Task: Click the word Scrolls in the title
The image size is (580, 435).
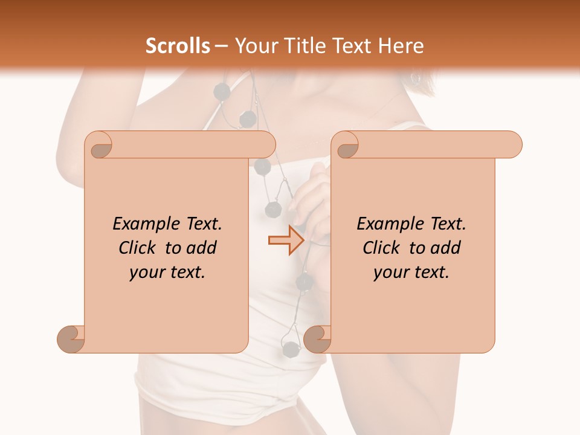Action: click(x=178, y=46)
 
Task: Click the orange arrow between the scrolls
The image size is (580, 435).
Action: click(x=286, y=240)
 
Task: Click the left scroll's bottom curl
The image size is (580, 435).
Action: click(x=71, y=338)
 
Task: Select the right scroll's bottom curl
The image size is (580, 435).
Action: click(x=318, y=338)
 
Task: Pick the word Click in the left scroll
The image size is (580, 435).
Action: click(x=140, y=248)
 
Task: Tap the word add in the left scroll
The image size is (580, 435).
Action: click(x=201, y=248)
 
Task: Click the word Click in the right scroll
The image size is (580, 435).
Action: click(x=384, y=248)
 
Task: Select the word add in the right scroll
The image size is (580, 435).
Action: click(x=445, y=248)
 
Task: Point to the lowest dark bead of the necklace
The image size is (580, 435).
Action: click(x=291, y=348)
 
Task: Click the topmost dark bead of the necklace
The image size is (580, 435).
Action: click(x=221, y=91)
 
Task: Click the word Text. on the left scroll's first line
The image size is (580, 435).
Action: click(x=202, y=224)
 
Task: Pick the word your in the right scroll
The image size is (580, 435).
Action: click(x=390, y=272)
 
